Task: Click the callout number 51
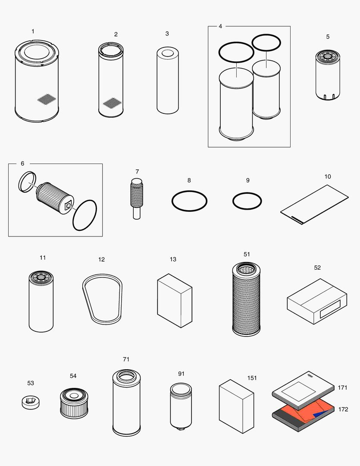click(x=247, y=254)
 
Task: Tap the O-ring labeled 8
click(x=189, y=201)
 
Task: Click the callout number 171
click(x=343, y=387)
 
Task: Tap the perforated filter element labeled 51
click(x=247, y=298)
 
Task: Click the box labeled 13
click(x=175, y=300)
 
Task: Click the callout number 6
click(x=22, y=164)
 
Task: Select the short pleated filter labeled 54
click(x=73, y=403)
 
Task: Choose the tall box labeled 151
click(x=236, y=406)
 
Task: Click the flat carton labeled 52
click(x=317, y=301)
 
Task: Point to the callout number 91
click(x=181, y=374)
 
